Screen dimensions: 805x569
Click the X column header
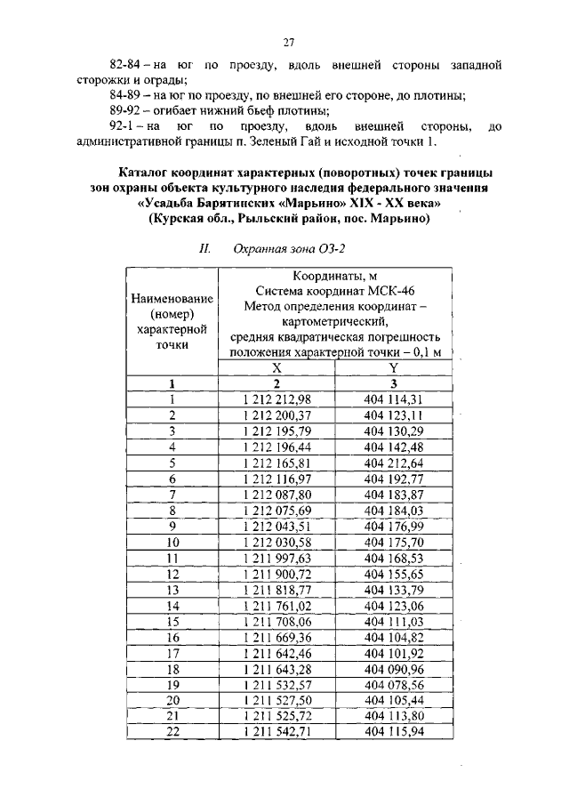[x=276, y=368]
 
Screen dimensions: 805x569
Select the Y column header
[x=393, y=368]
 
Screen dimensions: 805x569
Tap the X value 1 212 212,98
[x=276, y=399]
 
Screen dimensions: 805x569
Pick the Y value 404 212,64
[x=393, y=463]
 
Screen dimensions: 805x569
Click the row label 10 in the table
[x=172, y=542]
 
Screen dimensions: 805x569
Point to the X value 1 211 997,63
[x=276, y=558]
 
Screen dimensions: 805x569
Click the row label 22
[x=172, y=731]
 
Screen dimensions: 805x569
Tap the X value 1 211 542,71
[x=276, y=731]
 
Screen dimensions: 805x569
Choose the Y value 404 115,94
[x=393, y=731]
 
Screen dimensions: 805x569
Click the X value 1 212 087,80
[x=276, y=495]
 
